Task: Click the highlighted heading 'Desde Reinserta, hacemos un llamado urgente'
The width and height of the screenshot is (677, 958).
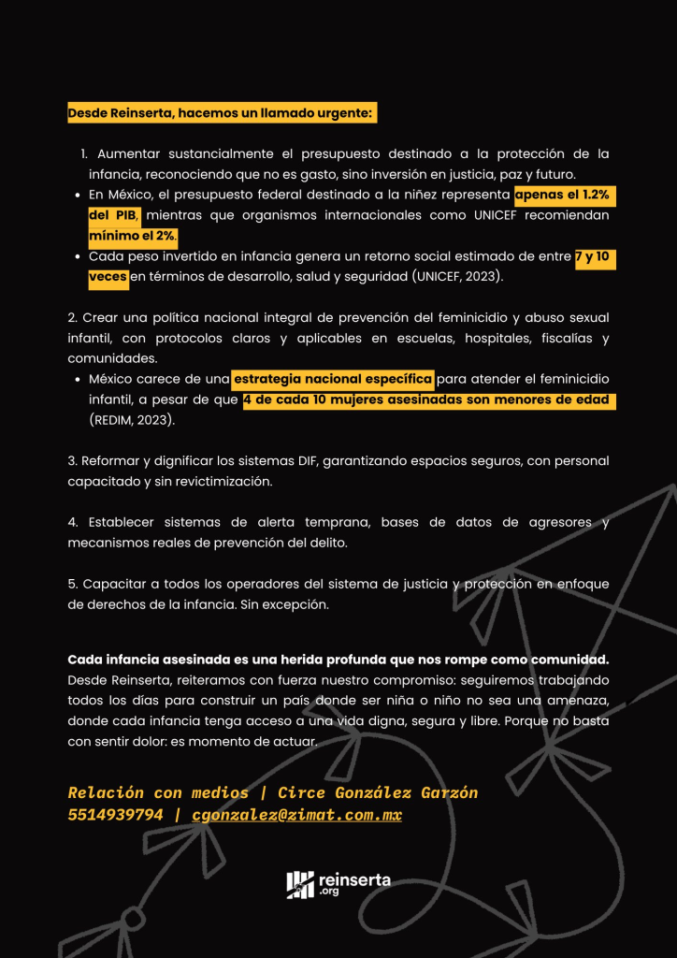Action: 221,113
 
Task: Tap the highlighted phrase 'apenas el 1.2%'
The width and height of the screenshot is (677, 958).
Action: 565,195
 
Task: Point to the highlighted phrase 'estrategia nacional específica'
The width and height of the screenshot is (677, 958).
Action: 333,379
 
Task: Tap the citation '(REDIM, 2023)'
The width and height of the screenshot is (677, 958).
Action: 132,421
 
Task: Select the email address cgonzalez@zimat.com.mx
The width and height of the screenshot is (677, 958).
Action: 296,815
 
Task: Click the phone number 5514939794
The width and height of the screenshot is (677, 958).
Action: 114,815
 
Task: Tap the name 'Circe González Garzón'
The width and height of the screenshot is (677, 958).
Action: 378,793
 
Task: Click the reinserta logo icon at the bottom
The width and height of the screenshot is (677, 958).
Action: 300,884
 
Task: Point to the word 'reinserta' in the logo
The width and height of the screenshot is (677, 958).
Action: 354,879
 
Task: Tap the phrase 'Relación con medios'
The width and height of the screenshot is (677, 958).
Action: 158,793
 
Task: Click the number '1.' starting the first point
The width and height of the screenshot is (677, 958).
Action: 84,153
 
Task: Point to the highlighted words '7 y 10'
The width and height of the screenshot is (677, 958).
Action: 595,256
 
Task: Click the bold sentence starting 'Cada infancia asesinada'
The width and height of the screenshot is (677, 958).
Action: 338,660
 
